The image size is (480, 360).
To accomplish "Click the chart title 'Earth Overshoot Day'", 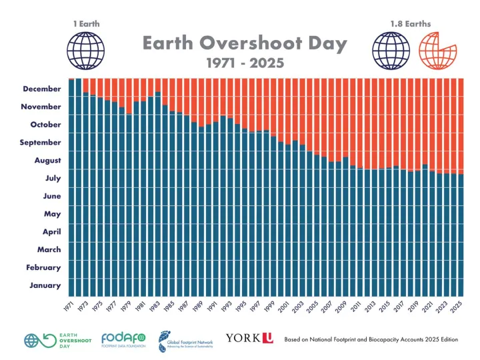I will click(x=245, y=44).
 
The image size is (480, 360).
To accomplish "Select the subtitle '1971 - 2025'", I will click(x=245, y=63).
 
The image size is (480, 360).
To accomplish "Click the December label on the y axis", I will click(x=42, y=89).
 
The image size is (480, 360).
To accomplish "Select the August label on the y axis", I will click(x=47, y=161).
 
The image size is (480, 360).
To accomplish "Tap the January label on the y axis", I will click(x=46, y=286).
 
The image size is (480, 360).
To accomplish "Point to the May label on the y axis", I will click(x=52, y=214).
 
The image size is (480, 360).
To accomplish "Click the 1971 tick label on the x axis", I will click(x=69, y=307).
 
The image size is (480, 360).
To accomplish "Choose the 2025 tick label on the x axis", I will click(x=458, y=307).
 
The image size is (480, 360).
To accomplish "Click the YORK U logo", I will click(x=249, y=339).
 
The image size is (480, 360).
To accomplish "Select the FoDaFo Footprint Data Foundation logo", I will click(x=123, y=339).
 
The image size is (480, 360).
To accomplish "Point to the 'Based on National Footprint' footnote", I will click(x=371, y=339).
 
